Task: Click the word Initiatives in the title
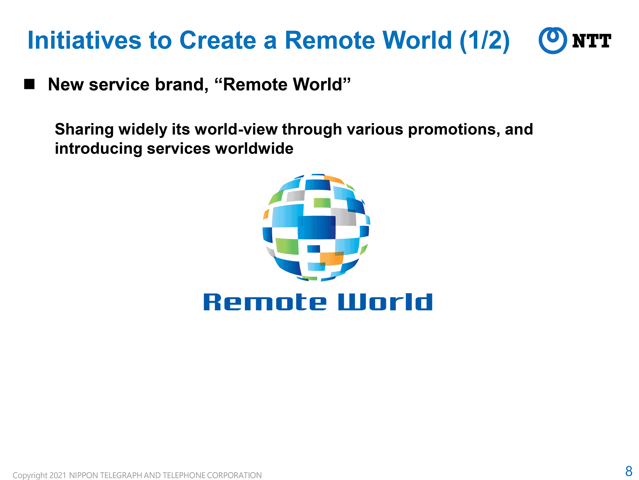[x=85, y=40]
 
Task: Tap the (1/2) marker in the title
[x=485, y=41]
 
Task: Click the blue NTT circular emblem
[x=553, y=40]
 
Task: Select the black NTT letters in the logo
[x=592, y=41]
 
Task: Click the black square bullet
[x=29, y=84]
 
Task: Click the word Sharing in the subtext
[x=84, y=130]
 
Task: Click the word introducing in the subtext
[x=99, y=149]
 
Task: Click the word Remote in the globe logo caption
[x=265, y=302]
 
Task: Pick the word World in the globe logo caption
[x=385, y=302]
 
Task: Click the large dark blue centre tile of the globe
[x=317, y=228]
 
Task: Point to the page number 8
[x=629, y=471]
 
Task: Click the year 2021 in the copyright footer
[x=58, y=475]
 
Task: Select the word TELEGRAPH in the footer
[x=122, y=475]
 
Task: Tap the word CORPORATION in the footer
[x=234, y=475]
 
